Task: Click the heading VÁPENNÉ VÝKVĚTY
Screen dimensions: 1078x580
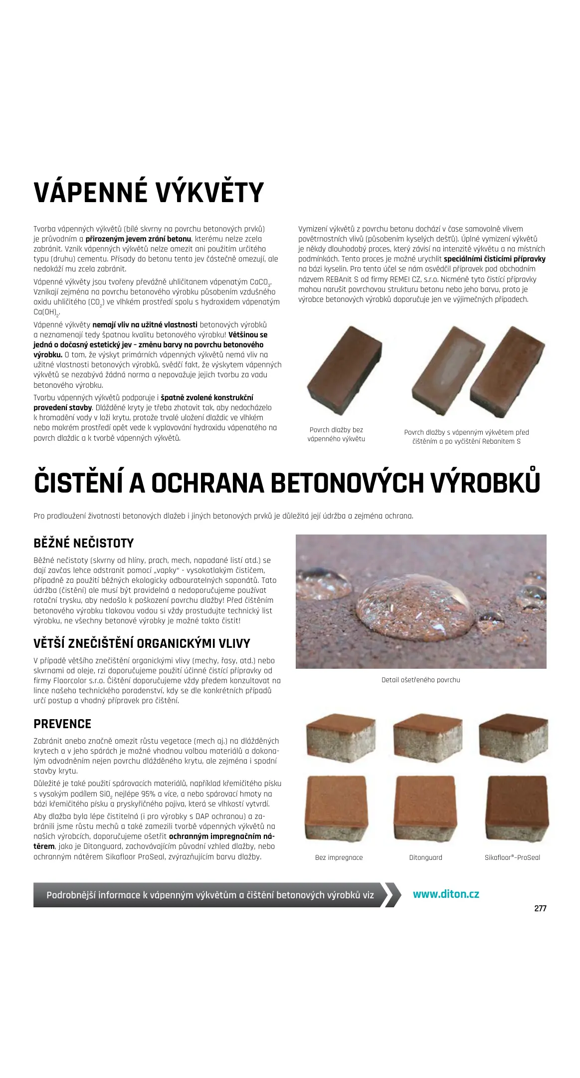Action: pos(148,193)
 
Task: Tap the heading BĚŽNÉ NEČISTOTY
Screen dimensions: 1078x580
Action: pos(83,543)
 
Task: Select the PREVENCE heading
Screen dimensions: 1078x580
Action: pos(62,724)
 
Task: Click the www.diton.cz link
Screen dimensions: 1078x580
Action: pos(445,894)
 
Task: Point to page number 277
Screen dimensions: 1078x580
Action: pos(540,908)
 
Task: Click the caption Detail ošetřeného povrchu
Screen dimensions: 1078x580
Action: pos(420,680)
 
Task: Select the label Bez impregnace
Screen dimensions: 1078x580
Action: pos(339,857)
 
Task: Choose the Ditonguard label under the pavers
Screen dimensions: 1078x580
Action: pos(425,857)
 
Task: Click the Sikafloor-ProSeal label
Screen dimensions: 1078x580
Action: pos(512,857)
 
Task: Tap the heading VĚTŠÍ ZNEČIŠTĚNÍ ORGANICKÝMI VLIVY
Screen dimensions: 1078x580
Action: pos(142,643)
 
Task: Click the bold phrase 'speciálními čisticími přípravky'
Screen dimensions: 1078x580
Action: pos(494,259)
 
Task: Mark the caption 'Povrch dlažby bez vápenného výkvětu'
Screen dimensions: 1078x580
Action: pos(336,434)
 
